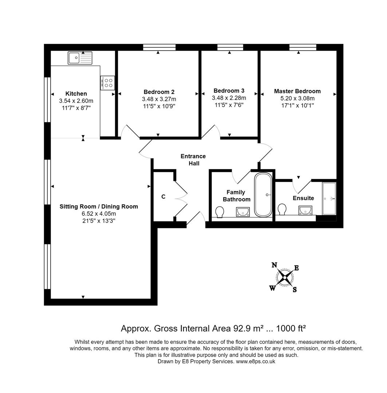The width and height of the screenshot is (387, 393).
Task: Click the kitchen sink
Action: pos(80,58)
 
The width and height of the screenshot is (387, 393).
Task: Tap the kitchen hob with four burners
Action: pos(108,83)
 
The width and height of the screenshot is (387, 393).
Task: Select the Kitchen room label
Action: pos(76,94)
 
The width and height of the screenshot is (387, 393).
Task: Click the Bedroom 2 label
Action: pos(159,92)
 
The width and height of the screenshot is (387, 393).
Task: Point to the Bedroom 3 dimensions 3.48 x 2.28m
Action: pos(229,98)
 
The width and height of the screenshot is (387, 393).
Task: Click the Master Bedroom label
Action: pos(297,91)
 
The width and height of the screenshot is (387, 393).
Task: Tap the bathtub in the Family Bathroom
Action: pos(262,195)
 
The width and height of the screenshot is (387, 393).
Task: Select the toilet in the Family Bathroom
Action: pos(220,211)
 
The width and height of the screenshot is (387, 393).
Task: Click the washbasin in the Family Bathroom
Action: pos(243,211)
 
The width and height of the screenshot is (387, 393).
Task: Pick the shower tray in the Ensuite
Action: pos(329,199)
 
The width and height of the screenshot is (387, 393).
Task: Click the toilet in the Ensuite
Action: pos(282,209)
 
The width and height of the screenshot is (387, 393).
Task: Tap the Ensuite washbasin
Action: pos(305,210)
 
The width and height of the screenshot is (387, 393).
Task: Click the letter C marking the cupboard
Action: pos(163,196)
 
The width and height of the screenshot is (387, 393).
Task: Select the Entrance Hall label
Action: pos(193,160)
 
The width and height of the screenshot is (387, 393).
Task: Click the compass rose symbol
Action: pos(285,278)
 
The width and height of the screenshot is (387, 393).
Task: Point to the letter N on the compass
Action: pos(275,265)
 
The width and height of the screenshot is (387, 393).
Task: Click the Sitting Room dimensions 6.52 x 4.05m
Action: pos(99,214)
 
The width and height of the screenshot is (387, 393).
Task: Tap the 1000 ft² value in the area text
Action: pos(291,329)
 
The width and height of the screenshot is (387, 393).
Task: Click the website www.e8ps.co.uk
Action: pos(256,361)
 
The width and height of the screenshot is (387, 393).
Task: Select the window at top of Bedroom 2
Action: pos(159,47)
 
